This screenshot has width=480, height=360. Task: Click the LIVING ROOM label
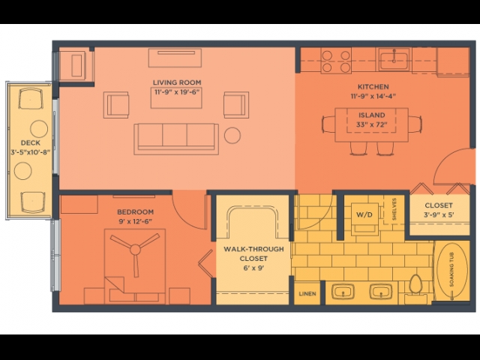[x=177, y=82]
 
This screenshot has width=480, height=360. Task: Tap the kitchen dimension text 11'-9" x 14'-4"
[x=373, y=96]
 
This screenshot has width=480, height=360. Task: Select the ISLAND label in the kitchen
[x=372, y=115]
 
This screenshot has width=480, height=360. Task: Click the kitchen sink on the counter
[x=394, y=59]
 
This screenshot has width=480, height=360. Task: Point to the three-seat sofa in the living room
[x=176, y=139]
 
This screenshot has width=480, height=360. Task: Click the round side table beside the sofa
[x=232, y=135]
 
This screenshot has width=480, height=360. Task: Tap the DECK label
[x=31, y=142]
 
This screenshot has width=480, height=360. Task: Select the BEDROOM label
[x=135, y=211]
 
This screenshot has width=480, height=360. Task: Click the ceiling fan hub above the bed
[x=135, y=250]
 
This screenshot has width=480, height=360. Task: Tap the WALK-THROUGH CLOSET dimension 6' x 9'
[x=253, y=268]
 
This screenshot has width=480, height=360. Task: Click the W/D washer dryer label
[x=364, y=214]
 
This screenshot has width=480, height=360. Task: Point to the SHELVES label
[x=394, y=209]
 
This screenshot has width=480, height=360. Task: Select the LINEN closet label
[x=307, y=293]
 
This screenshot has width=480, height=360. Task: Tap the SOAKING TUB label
[x=451, y=270]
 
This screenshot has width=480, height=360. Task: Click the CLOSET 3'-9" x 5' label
[x=439, y=210]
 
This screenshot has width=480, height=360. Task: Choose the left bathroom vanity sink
[x=343, y=291]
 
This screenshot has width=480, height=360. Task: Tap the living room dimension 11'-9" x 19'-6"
[x=177, y=91]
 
